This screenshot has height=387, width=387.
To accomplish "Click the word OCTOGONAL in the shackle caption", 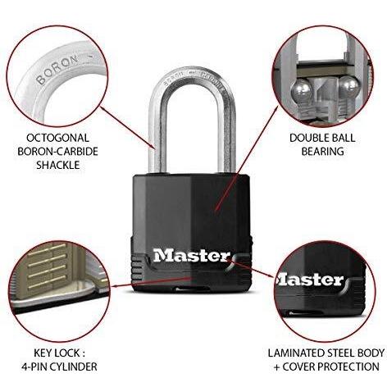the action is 57,138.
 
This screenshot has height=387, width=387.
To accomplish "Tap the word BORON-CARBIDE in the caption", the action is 57,151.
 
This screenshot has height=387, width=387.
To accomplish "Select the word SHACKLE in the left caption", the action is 58,165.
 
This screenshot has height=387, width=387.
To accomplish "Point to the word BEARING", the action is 322,151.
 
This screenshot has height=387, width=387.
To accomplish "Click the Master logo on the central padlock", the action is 191,256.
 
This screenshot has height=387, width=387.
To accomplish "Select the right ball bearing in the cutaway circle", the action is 349,87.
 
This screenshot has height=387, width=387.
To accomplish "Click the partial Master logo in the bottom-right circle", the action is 311,280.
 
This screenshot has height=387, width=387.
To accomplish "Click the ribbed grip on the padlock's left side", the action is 138,269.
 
